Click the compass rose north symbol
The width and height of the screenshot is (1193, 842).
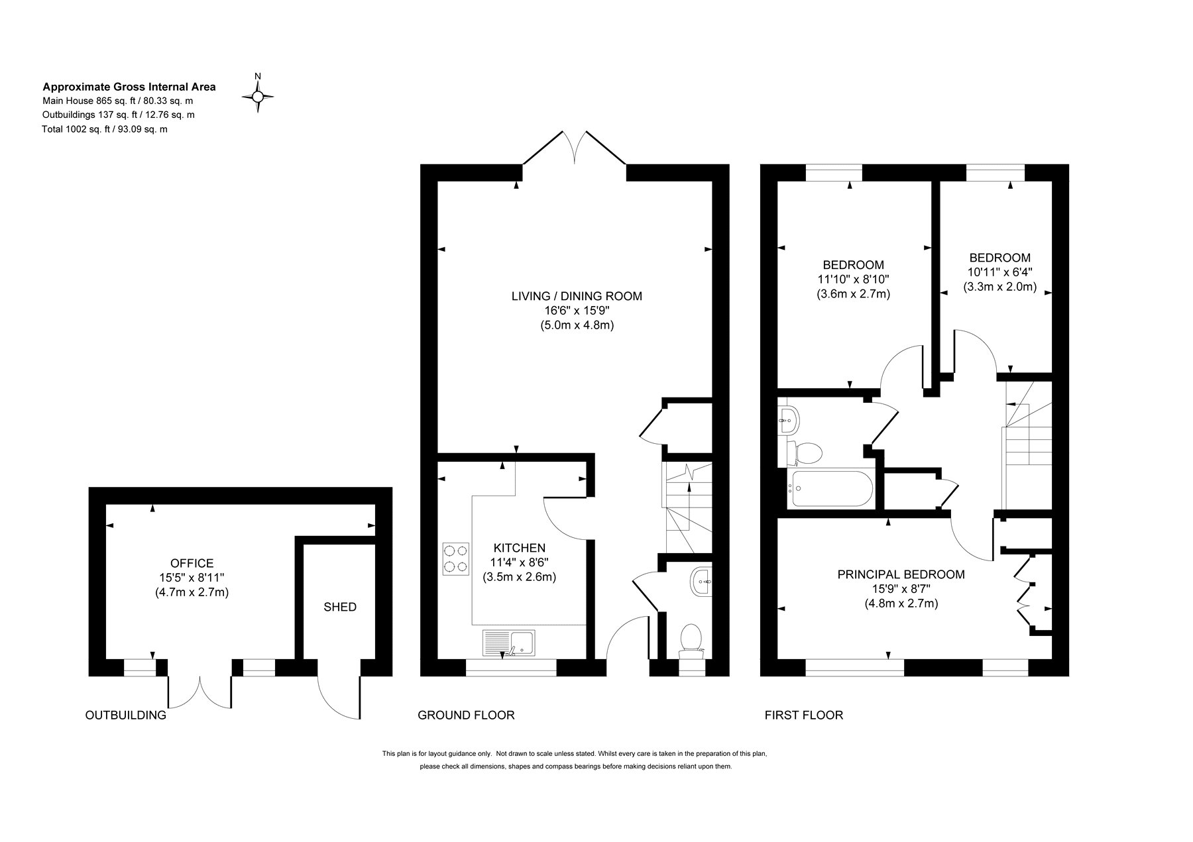coord(258,92)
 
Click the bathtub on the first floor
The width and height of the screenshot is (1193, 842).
coord(830,489)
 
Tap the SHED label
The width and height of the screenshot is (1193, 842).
coord(340,607)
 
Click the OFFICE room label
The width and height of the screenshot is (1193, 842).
coord(192,563)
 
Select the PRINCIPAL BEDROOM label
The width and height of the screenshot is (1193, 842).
coord(901,574)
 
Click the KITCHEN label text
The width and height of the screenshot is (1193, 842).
coord(520,548)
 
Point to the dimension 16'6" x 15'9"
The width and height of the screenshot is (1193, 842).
coord(577,311)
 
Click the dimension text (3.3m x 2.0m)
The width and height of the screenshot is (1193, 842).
coord(999,288)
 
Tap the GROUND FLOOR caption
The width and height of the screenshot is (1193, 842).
coord(466,715)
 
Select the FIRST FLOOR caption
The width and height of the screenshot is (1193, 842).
coord(804,715)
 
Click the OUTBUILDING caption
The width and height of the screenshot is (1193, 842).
coord(126,715)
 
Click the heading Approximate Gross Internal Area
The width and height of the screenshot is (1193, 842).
coord(129,86)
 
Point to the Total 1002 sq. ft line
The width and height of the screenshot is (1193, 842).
coord(105,129)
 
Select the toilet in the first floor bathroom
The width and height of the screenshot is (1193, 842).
coord(803,452)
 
